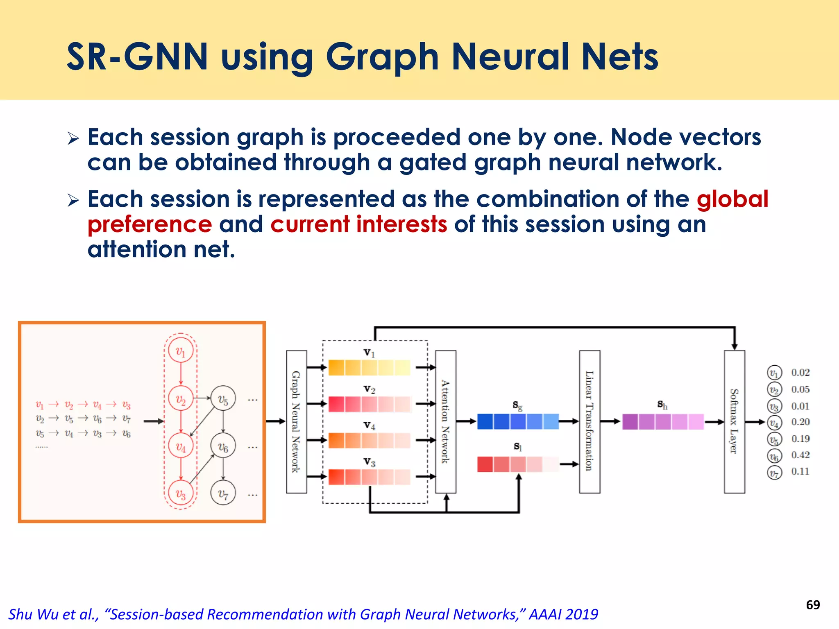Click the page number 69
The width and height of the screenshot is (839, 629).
pos(813,605)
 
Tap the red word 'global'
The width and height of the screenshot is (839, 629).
pos(732,199)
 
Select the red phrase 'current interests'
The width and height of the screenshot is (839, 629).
pos(358,224)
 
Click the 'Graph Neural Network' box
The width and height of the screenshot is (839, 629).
pos(296,422)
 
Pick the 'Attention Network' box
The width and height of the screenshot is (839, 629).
pos(445,422)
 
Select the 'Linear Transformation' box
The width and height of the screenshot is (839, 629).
pos(590,422)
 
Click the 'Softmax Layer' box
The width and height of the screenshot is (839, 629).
pos(734,422)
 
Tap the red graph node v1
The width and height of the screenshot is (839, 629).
pos(181,351)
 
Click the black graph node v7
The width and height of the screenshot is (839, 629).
pos(223,493)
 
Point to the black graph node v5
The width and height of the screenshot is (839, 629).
pos(223,398)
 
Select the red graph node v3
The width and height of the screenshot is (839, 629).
pos(181,493)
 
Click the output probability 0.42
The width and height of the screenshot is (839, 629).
pos(800,455)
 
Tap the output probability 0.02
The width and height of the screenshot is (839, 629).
pos(800,373)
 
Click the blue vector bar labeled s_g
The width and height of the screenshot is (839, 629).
pos(518,421)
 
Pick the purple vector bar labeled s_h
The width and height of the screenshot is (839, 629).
pos(663,422)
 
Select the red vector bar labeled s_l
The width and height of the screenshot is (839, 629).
pos(518,464)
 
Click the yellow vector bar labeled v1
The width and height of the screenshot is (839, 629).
pos(369,368)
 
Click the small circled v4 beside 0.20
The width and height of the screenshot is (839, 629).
pos(774,422)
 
